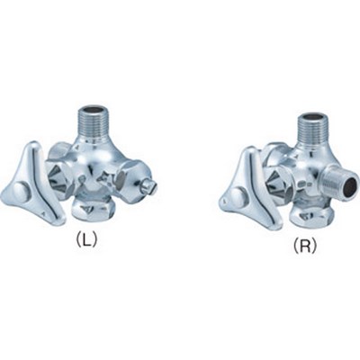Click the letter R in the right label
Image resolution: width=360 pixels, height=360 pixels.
304,246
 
